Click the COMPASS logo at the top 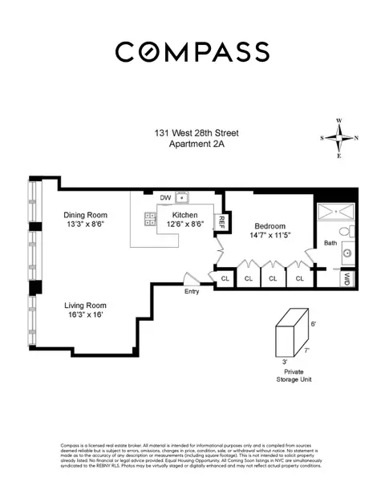tap(192, 51)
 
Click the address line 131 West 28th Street tap(192, 133)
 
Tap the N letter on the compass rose tap(356, 138)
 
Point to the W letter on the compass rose tap(339, 121)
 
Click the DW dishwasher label tap(165, 197)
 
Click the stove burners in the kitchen tap(149, 217)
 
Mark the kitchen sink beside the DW tap(183, 196)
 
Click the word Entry tap(192, 291)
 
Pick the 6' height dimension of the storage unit tap(314, 323)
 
